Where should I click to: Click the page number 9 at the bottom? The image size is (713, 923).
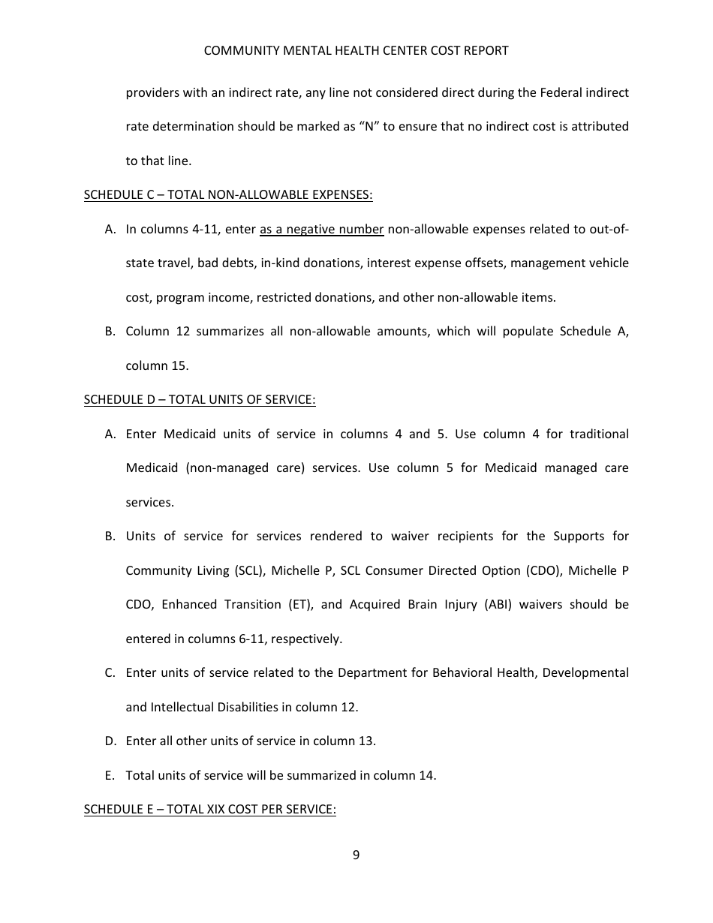(356, 855)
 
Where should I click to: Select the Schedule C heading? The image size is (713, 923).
(227, 194)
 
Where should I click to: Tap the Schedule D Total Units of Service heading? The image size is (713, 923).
(199, 399)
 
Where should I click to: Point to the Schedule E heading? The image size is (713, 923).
(209, 809)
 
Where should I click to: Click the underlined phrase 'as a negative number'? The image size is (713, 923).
(321, 229)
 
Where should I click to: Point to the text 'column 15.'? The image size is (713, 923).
(157, 365)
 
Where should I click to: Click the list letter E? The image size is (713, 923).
(110, 775)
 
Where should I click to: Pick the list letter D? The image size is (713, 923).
(110, 741)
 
